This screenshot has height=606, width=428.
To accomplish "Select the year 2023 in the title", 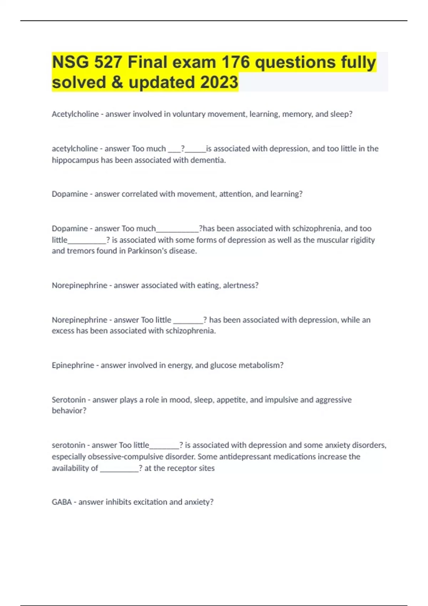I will (219, 82).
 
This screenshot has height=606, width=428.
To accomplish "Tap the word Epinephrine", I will (73, 365).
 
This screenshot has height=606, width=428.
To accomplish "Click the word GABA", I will (62, 502).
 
